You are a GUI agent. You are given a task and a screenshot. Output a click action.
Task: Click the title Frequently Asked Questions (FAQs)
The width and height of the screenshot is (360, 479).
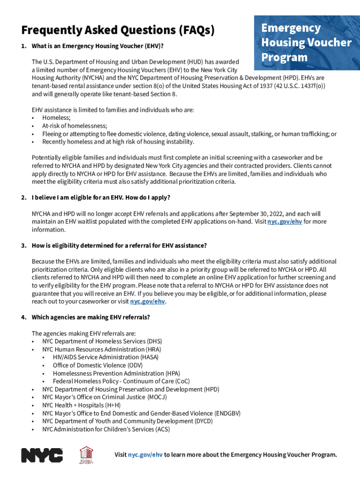pos(118,30)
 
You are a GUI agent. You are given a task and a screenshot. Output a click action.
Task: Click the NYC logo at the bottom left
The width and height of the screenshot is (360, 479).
pos(42,455)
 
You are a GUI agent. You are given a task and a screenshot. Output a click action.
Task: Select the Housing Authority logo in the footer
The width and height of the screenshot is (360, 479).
pos(87,455)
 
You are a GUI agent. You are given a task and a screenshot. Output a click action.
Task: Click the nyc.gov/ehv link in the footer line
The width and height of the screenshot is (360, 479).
pos(145,455)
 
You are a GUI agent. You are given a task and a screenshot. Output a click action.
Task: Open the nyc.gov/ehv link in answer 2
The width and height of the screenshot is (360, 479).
pos(284,222)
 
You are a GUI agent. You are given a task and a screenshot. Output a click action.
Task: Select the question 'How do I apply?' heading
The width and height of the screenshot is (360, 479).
pos(101,197)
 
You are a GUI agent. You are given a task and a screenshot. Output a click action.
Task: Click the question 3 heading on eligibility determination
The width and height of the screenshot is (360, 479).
pos(119,246)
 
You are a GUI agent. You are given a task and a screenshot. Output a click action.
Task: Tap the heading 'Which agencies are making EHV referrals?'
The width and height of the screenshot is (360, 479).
pos(91,317)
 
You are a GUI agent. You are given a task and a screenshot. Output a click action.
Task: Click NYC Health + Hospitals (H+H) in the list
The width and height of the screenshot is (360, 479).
pos(81,405)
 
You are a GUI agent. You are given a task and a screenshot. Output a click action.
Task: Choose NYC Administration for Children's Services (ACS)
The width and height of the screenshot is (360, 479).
pos(106,429)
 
